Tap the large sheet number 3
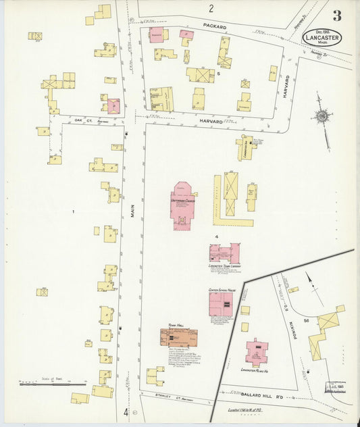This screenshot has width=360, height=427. coord(336,15)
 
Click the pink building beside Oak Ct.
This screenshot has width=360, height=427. coord(113,106)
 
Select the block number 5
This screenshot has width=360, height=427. coord(218,74)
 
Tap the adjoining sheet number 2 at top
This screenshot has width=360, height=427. coord(211,9)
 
